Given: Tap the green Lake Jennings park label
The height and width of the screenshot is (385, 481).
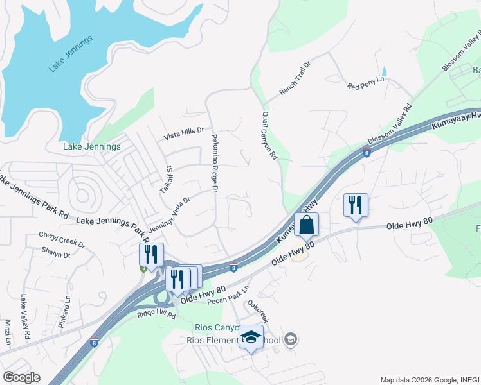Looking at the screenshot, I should [x=91, y=146].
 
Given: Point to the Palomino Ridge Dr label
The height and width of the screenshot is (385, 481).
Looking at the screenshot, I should [x=214, y=162].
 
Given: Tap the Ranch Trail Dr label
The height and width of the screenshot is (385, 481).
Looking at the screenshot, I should [x=295, y=79].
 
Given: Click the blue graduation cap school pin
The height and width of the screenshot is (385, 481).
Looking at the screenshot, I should [x=251, y=338].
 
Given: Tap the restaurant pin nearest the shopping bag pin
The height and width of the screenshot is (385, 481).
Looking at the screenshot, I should [x=356, y=205].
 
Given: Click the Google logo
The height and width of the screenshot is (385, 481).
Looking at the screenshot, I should [x=21, y=377].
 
